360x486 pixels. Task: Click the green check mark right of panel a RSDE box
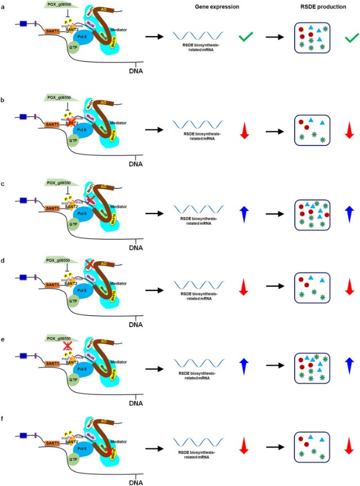[352, 38]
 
